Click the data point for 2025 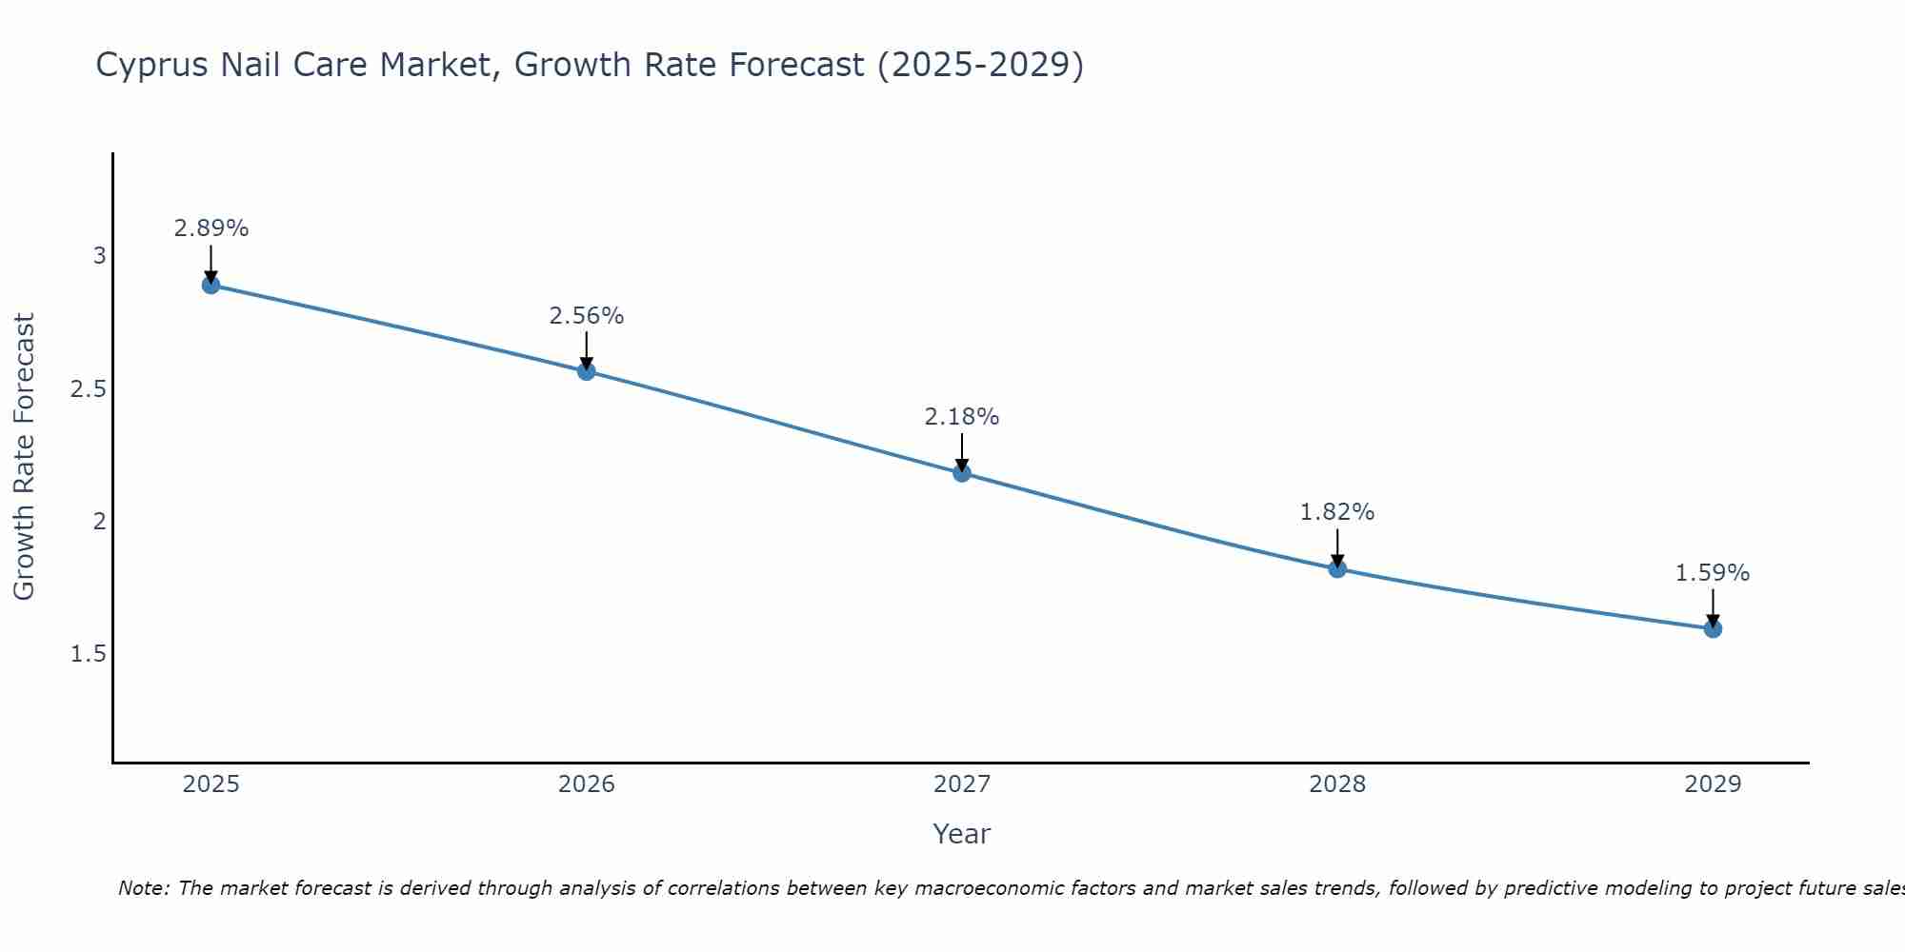(x=211, y=285)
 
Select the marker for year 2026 (x=587, y=371)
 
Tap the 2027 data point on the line (x=962, y=472)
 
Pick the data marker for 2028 (x=1337, y=568)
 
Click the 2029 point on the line (x=1713, y=628)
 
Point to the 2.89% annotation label (x=211, y=228)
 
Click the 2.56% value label (x=587, y=316)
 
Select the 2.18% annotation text (x=962, y=417)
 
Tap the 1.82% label (x=1337, y=512)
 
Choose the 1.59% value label (x=1713, y=573)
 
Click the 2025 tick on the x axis (x=211, y=784)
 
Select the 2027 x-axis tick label (x=962, y=784)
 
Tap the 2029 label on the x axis (x=1713, y=784)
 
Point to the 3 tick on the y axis (x=99, y=256)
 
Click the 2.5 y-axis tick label (x=89, y=389)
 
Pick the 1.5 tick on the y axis (x=89, y=654)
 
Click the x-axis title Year (x=962, y=834)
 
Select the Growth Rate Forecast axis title (x=25, y=457)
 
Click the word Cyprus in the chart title (x=152, y=66)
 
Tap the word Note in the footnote (x=143, y=888)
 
